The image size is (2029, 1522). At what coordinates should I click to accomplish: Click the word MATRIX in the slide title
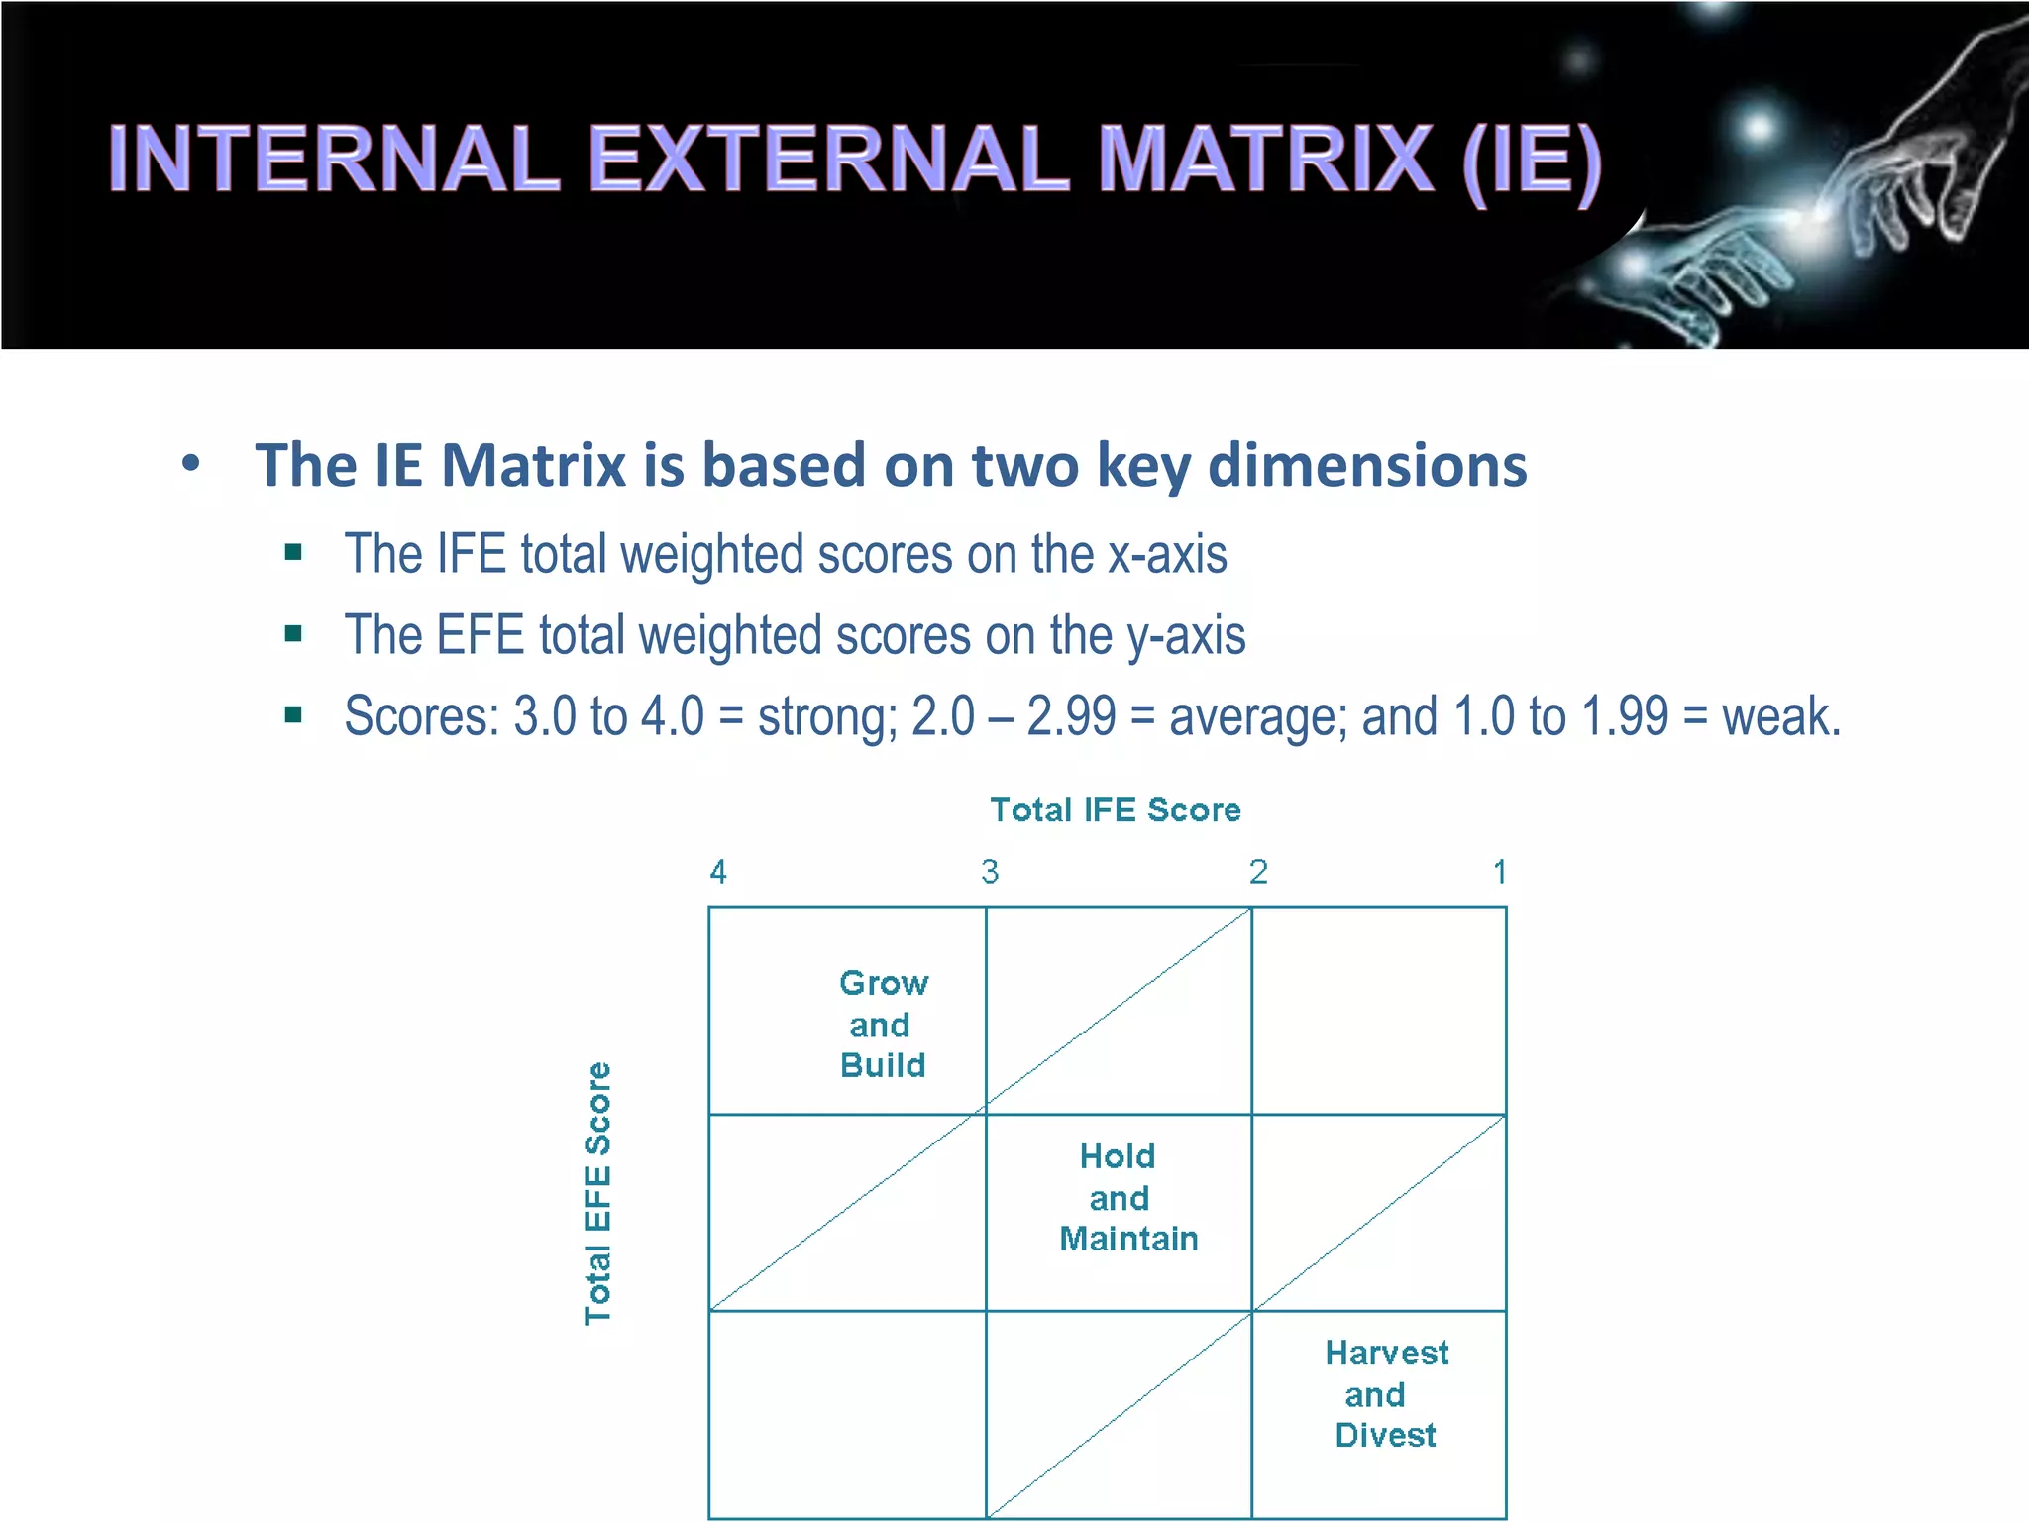tap(1266, 160)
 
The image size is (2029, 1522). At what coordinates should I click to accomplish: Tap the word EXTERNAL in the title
tap(829, 160)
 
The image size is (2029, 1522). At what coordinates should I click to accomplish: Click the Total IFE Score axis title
tap(1116, 810)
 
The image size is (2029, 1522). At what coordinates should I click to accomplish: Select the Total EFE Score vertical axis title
tap(597, 1193)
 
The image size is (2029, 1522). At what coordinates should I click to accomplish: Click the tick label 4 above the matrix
tap(718, 872)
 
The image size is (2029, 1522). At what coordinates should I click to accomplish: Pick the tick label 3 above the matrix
tap(990, 872)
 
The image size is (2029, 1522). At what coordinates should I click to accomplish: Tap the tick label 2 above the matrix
tap(1258, 872)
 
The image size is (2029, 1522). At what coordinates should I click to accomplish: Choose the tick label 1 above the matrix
tap(1500, 872)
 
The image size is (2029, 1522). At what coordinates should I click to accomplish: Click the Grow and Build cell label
tap(883, 1024)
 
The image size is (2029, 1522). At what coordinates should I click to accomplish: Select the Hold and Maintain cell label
tap(1127, 1197)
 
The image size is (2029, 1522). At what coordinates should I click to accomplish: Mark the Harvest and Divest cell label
tap(1386, 1393)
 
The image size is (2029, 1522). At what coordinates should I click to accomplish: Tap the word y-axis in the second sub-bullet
tap(1186, 635)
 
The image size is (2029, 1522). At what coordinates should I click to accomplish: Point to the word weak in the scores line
tap(1780, 716)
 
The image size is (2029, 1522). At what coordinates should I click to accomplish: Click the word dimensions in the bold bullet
tap(1367, 465)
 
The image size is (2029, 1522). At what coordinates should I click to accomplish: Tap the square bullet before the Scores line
tap(293, 714)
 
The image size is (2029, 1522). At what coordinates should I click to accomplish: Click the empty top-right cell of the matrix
tap(1378, 1010)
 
